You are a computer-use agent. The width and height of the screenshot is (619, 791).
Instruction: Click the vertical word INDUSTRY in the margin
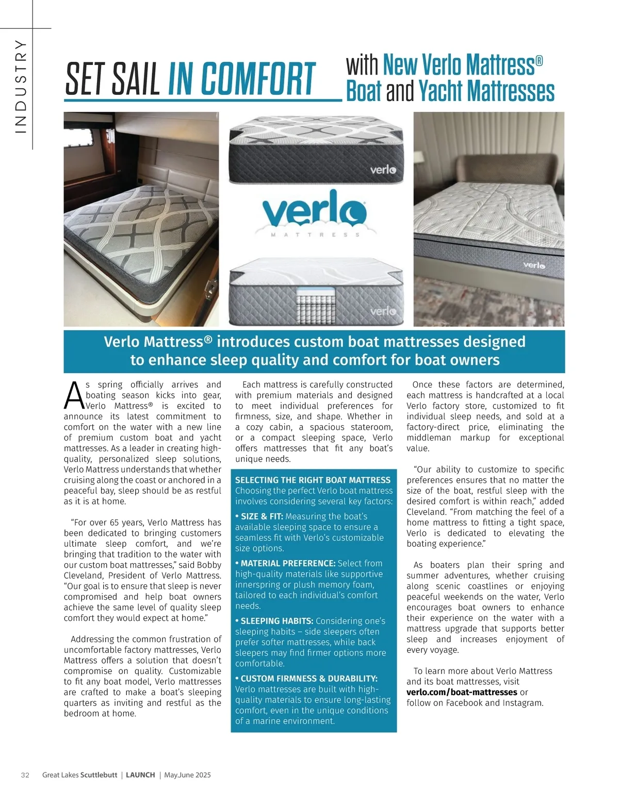pyautogui.click(x=21, y=87)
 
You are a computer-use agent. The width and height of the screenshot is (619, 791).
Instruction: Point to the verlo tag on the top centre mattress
pyautogui.click(x=383, y=170)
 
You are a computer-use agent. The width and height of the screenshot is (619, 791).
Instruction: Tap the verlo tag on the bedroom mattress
pyautogui.click(x=534, y=265)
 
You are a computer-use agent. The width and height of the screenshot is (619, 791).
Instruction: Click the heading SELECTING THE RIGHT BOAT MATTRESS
pyautogui.click(x=313, y=480)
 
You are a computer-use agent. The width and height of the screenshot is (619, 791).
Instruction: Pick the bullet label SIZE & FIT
pyautogui.click(x=262, y=516)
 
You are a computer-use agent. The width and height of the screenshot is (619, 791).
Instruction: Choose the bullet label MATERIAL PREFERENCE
pyautogui.click(x=288, y=563)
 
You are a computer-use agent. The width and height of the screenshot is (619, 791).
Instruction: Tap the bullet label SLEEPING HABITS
pyautogui.click(x=277, y=621)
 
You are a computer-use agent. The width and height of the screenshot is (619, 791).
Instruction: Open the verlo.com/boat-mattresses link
pyautogui.click(x=462, y=692)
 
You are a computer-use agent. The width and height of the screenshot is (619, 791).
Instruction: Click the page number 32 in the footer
pyautogui.click(x=25, y=775)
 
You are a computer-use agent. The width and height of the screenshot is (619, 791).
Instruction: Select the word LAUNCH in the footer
pyautogui.click(x=140, y=775)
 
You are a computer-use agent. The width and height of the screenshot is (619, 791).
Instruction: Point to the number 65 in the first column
pyautogui.click(x=115, y=523)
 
